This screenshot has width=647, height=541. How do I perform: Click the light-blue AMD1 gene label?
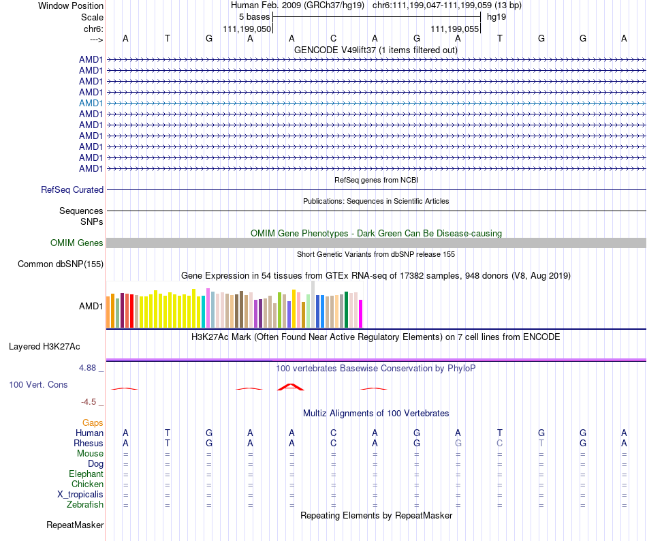point(91,103)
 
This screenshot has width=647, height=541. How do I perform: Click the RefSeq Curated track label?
point(72,190)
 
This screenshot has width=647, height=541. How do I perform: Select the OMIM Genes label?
point(77,243)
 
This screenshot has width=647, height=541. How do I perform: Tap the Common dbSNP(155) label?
point(61,264)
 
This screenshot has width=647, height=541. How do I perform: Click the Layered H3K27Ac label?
point(44,346)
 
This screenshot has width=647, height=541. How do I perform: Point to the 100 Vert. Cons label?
point(38,385)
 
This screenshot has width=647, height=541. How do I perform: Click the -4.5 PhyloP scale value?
point(93,402)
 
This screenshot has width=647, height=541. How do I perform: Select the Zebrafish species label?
point(85,505)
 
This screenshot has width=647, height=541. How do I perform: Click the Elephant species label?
point(86,474)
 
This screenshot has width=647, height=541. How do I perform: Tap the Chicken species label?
point(88,484)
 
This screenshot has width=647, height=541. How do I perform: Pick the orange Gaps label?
point(93,423)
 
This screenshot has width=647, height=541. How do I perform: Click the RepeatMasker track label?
point(75,525)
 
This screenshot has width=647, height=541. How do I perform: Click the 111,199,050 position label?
point(247,29)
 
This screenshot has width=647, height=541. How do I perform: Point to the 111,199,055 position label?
point(455,29)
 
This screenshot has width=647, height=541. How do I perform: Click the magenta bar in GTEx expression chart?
point(361,313)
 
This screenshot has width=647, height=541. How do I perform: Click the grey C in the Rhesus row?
point(500,444)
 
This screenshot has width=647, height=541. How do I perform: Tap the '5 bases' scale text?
point(254,16)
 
